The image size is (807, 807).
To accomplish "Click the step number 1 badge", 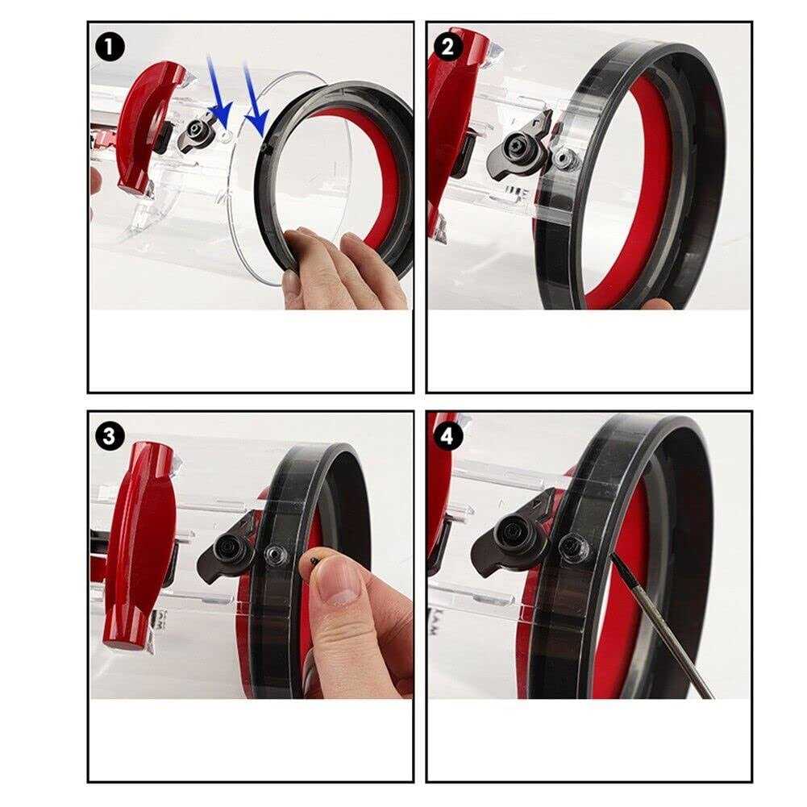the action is pyautogui.click(x=110, y=47).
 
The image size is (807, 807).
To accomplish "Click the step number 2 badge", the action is pyautogui.click(x=448, y=47).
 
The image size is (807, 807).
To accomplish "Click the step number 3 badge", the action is pyautogui.click(x=110, y=436).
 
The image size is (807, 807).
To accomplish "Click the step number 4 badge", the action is pyautogui.click(x=448, y=436).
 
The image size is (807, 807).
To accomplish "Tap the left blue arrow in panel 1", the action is pyautogui.click(x=217, y=93).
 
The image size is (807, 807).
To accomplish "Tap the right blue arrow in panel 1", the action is pyautogui.click(x=255, y=98).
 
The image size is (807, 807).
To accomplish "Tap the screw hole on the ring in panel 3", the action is pyautogui.click(x=275, y=555).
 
